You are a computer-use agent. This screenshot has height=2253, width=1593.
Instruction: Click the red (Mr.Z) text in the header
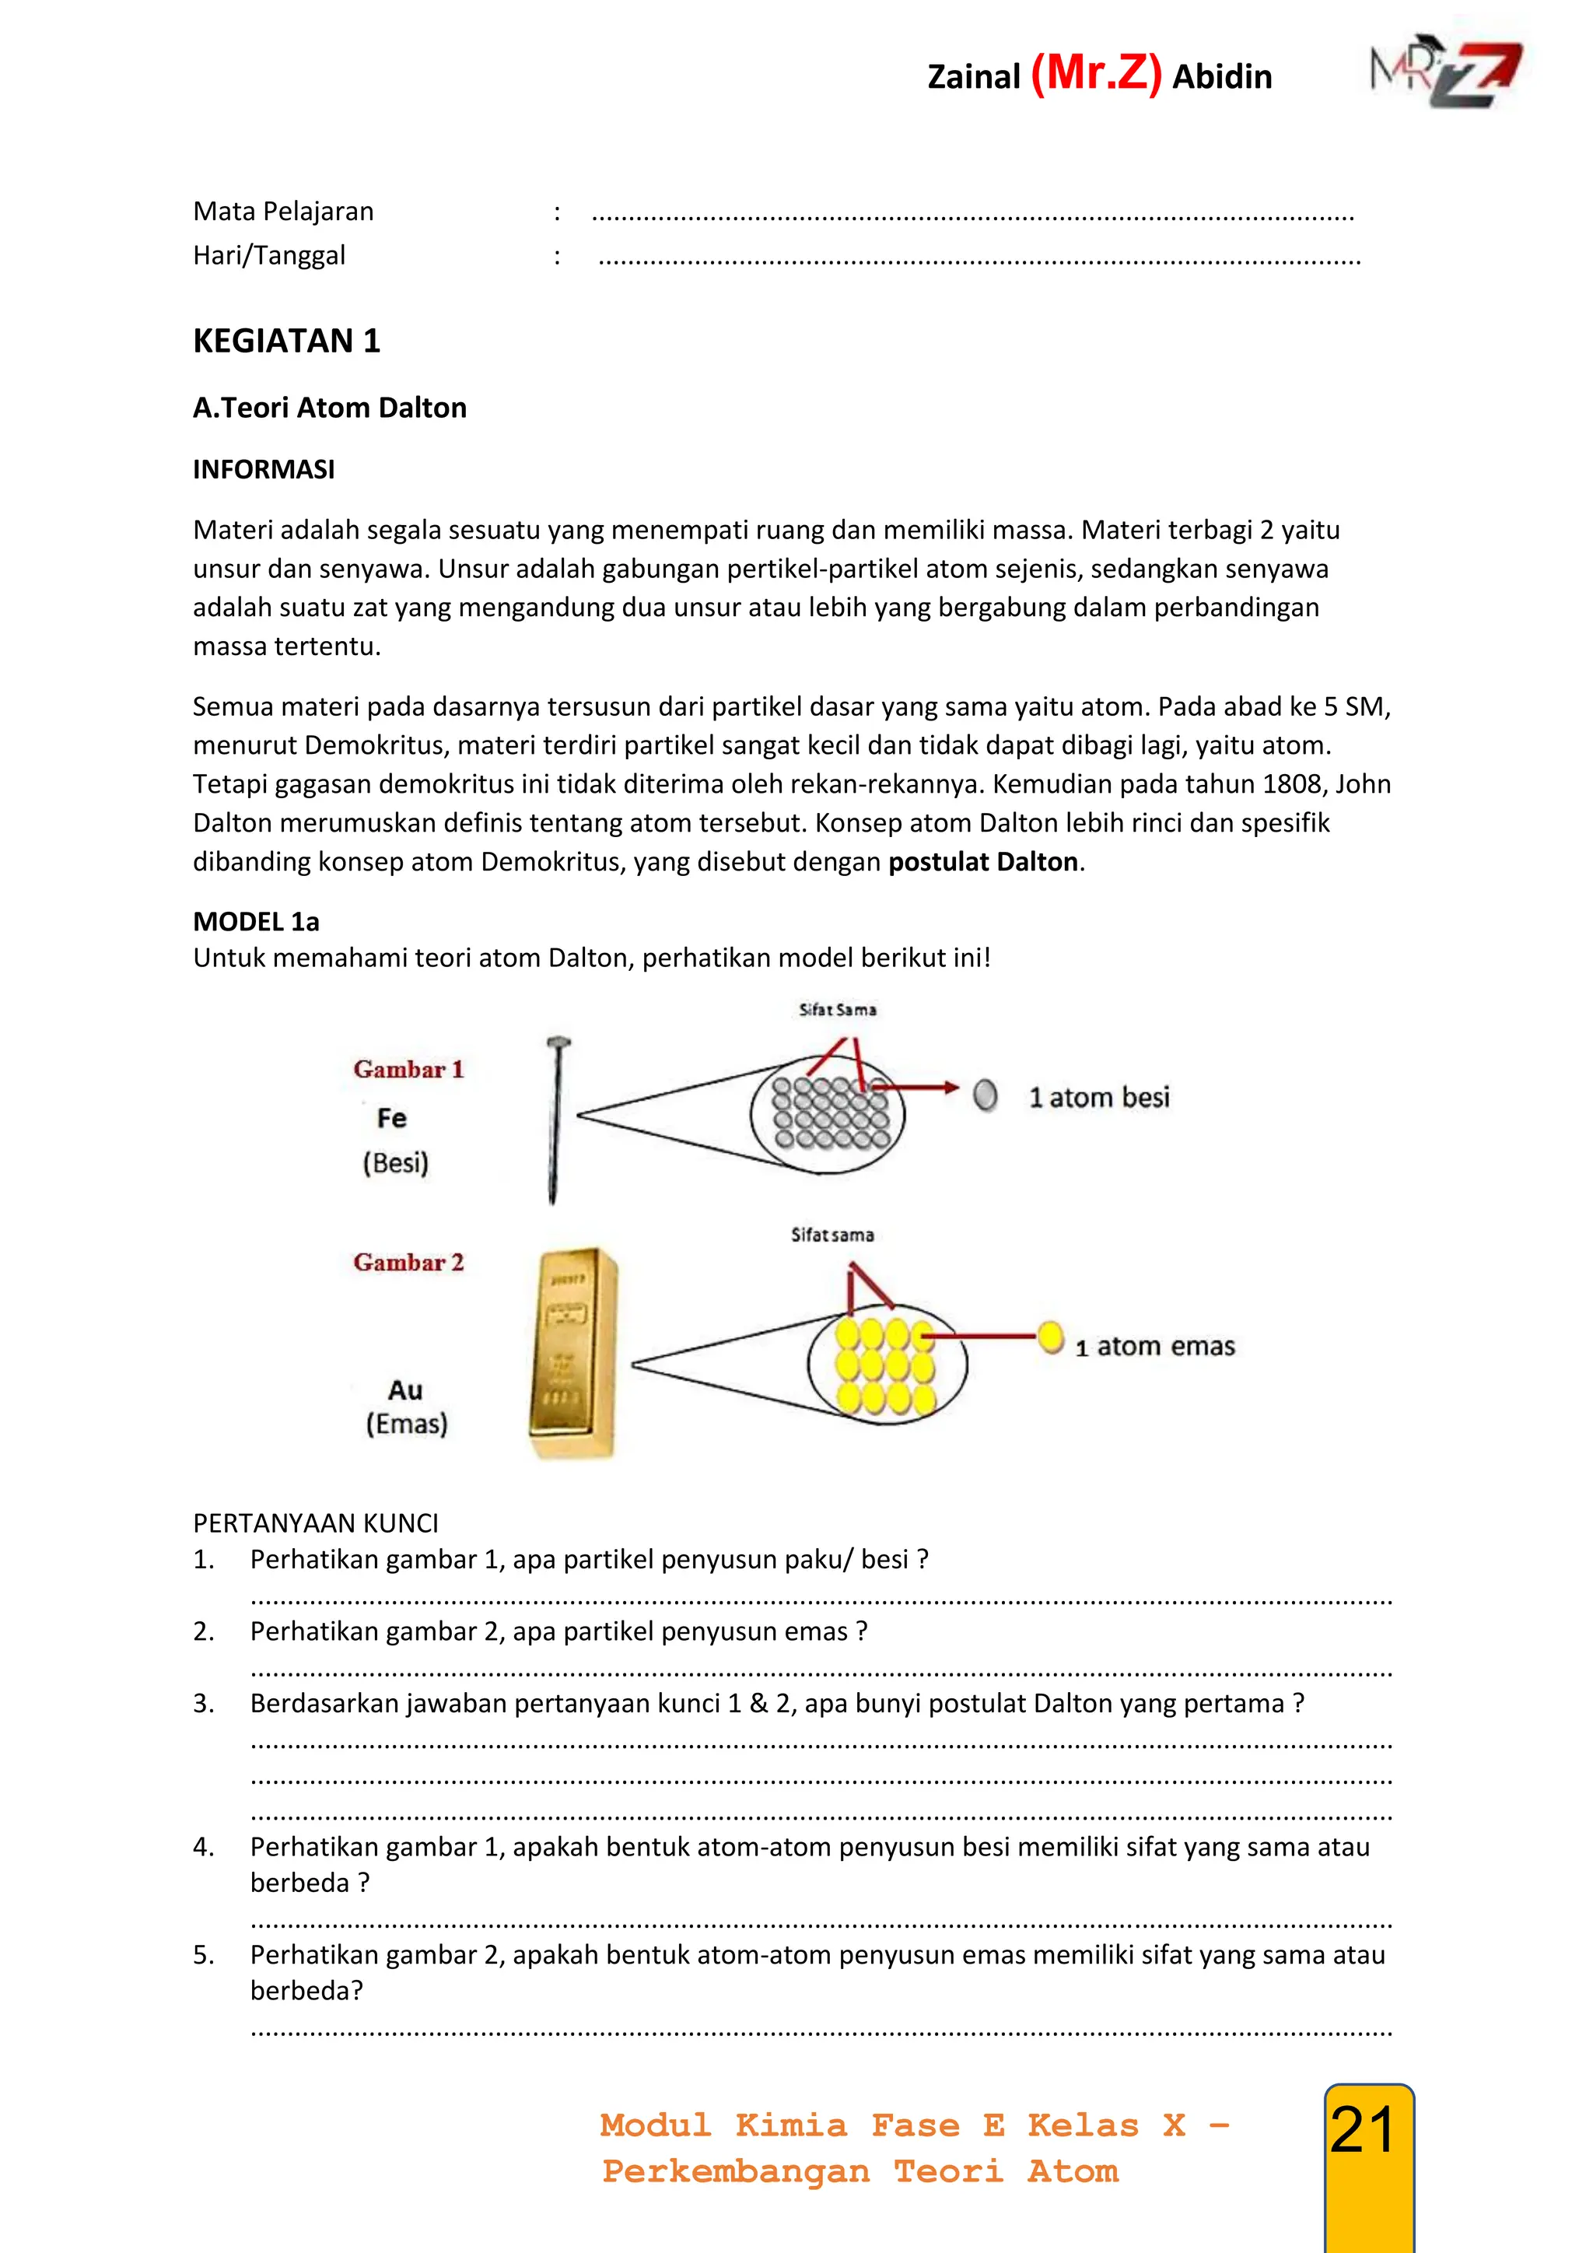(x=1096, y=74)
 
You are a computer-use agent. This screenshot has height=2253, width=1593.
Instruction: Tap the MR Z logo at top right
(x=1447, y=74)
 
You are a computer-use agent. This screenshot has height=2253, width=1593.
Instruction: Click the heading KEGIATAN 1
(x=286, y=341)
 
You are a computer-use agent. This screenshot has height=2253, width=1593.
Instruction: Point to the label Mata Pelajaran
(x=283, y=211)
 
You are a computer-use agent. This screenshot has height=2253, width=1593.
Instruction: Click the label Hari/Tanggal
(x=269, y=255)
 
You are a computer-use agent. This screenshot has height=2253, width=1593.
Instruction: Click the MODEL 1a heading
(x=256, y=921)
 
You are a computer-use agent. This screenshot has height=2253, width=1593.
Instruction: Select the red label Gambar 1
(x=408, y=1069)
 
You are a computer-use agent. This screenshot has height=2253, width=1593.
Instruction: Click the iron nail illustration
(x=556, y=1119)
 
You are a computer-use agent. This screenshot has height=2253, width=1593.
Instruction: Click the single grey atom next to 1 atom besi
(x=985, y=1095)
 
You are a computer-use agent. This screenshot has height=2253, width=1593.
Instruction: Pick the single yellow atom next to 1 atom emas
(x=1051, y=1337)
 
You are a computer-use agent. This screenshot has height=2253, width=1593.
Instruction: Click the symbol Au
(x=405, y=1389)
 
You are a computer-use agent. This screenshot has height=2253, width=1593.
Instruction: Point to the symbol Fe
(x=391, y=1118)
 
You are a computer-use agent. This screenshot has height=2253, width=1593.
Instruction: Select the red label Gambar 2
(x=408, y=1262)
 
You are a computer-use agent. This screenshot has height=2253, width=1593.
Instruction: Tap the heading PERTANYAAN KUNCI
(x=316, y=1523)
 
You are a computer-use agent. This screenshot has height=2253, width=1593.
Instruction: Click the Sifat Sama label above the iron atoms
(x=837, y=1009)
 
